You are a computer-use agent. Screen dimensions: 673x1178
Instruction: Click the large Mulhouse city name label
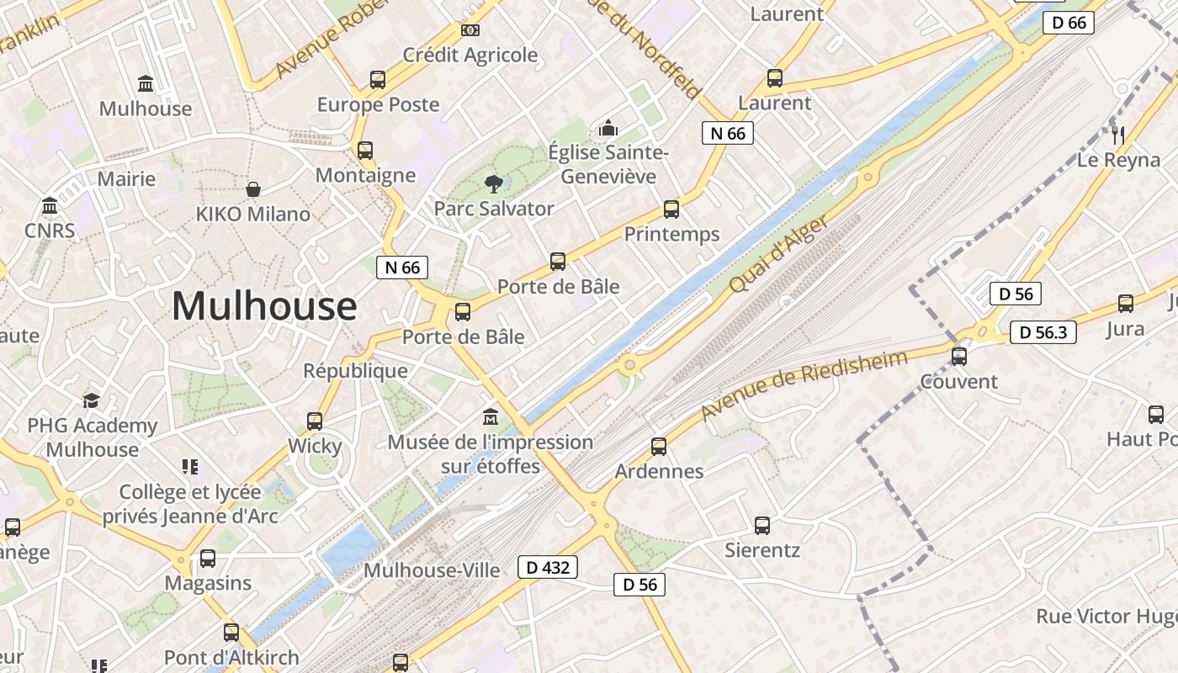(264, 306)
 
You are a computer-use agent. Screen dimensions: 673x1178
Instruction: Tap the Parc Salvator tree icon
(493, 183)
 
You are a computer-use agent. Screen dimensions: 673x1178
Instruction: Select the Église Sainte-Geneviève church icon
(608, 128)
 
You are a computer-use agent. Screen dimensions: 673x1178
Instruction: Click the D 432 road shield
(548, 567)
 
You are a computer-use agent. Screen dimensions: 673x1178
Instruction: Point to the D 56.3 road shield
(1043, 332)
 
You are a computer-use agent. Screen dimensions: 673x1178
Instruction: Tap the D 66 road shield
(1069, 23)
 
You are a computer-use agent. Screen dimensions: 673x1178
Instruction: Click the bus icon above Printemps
(671, 209)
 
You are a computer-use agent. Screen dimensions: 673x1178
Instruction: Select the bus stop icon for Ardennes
(659, 446)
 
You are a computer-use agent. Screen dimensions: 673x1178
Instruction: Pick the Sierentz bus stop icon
(762, 526)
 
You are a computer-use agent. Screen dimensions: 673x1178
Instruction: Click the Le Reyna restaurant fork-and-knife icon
(1118, 135)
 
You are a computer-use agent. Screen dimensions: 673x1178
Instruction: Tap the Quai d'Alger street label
(779, 253)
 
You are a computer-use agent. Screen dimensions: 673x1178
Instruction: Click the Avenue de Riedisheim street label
(804, 386)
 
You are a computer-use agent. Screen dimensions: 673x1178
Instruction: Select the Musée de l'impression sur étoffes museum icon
(491, 416)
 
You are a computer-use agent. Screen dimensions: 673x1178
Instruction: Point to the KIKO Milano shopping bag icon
(252, 189)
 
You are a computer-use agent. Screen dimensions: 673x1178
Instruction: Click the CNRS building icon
(50, 206)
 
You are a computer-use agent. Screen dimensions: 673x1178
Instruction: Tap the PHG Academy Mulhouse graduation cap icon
(91, 401)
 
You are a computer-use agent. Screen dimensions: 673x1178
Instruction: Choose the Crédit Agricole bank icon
(470, 30)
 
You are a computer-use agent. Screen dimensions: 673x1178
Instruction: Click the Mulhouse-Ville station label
(432, 570)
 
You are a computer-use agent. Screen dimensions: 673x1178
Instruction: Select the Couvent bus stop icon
(958, 357)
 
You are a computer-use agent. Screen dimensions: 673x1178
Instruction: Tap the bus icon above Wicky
(315, 421)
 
